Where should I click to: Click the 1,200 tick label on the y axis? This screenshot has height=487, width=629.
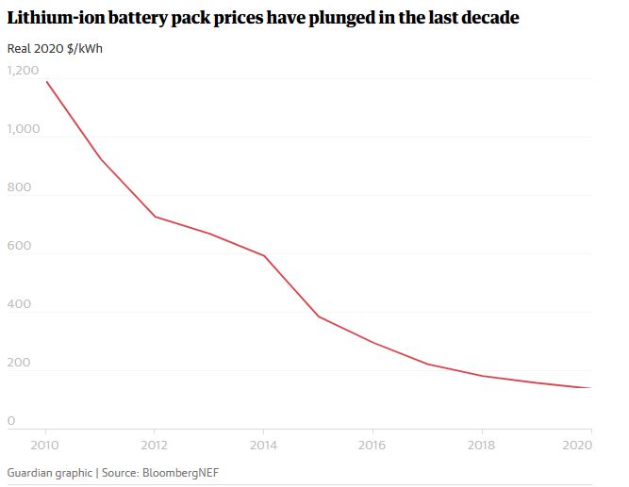click(23, 71)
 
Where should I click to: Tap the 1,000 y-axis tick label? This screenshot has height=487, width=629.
click(23, 129)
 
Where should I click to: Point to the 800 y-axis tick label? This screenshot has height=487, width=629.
click(19, 187)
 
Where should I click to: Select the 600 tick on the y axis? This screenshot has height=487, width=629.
click(19, 246)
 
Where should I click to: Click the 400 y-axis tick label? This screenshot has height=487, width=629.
click(19, 304)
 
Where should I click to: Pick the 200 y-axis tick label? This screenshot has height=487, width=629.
click(19, 363)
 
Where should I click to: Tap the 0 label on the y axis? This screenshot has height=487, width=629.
click(11, 421)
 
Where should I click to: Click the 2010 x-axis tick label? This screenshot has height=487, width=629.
click(45, 444)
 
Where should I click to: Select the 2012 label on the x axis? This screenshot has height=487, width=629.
click(154, 444)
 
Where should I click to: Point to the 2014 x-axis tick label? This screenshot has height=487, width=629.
click(263, 444)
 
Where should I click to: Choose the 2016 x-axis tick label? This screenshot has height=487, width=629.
click(372, 444)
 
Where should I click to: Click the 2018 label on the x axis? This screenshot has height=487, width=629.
click(482, 444)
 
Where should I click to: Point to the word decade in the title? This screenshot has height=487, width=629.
click(488, 19)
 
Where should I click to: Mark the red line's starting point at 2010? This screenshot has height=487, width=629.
click(45, 81)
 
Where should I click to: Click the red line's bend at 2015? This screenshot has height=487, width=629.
click(318, 317)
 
